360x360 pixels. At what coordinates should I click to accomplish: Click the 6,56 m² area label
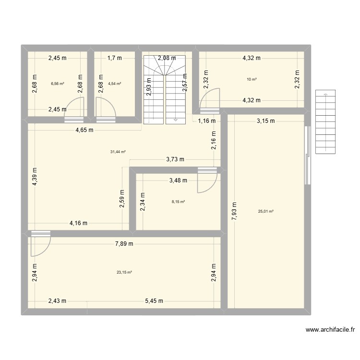click(58, 84)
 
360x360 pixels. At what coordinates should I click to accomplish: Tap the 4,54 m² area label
click(114, 84)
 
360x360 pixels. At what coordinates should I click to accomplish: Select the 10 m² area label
click(252, 79)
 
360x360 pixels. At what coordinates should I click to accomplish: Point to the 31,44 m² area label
click(118, 152)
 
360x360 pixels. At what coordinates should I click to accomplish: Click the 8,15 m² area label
click(178, 202)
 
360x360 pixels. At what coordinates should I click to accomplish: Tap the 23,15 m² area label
click(124, 272)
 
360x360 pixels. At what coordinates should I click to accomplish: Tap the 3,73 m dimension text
click(176, 159)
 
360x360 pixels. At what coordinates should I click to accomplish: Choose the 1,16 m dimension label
click(207, 121)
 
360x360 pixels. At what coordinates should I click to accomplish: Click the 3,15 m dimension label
click(265, 121)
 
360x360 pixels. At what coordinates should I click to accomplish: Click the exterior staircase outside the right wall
click(324, 122)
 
